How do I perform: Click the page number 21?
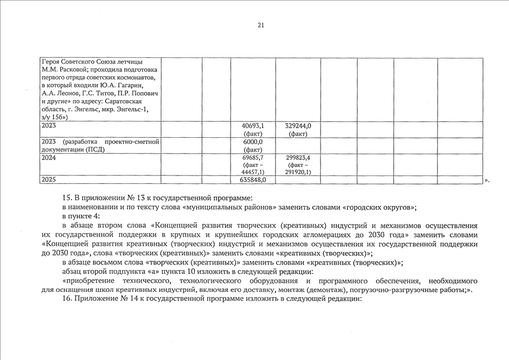point(260,25)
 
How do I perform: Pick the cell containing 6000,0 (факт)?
point(253,146)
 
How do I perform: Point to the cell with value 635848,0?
point(253,179)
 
